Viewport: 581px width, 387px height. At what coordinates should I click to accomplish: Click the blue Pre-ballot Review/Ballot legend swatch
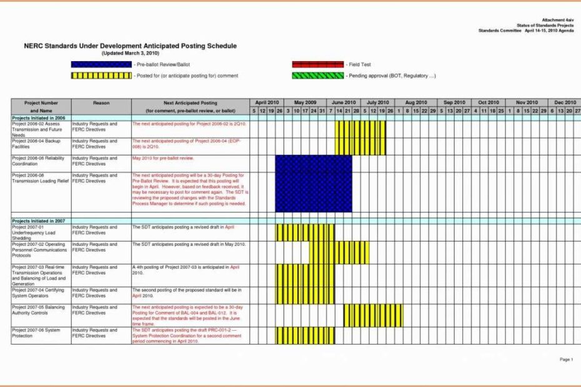pos(101,64)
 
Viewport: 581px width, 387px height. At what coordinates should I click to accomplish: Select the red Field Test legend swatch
pos(318,64)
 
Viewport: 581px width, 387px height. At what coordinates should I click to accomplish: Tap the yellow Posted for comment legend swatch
pos(101,76)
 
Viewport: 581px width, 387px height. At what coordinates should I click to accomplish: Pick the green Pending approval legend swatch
pos(318,76)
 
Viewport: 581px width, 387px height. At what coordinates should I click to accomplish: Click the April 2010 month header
pos(267,102)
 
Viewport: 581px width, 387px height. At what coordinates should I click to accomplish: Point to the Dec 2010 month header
pos(565,102)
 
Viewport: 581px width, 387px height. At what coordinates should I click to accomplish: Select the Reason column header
pos(101,102)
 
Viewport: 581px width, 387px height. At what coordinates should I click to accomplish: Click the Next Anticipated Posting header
pos(191,102)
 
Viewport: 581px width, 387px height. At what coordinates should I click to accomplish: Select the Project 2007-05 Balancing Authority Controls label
pos(37,310)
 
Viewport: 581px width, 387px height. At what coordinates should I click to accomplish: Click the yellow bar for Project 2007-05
pos(373,315)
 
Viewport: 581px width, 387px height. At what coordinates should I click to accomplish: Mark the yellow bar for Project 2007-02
pos(339,252)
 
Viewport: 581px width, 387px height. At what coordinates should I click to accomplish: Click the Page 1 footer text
pos(565,360)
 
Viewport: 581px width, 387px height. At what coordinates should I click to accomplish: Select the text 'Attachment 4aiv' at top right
pos(554,20)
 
